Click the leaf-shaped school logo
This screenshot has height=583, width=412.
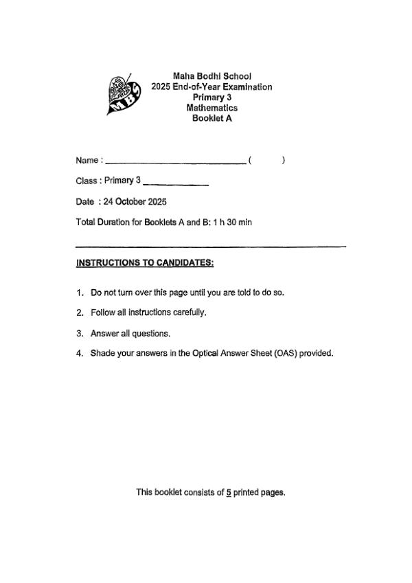click(125, 95)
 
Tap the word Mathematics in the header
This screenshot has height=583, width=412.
click(211, 108)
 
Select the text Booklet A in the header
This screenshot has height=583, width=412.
click(211, 118)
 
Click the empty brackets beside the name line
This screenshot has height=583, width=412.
click(266, 161)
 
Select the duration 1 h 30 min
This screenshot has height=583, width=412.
click(233, 222)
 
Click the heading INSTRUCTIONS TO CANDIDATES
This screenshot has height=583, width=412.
click(145, 262)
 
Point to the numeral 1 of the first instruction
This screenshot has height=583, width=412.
click(79, 293)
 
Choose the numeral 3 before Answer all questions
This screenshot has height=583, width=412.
click(79, 334)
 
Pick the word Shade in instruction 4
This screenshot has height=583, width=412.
click(102, 354)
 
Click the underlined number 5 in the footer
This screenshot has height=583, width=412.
click(228, 492)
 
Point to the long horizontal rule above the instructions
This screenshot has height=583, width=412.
click(210, 246)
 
